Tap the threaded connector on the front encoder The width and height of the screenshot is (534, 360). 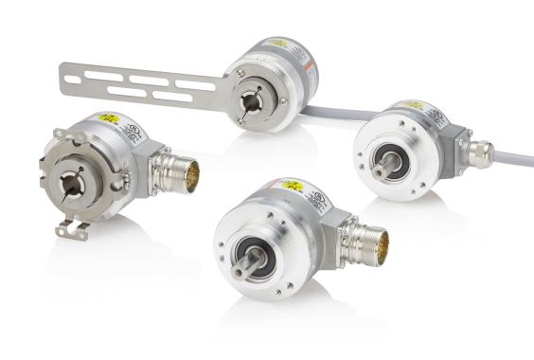pyautogui.click(x=363, y=243)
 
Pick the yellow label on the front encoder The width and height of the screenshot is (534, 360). pyautogui.click(x=291, y=185)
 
